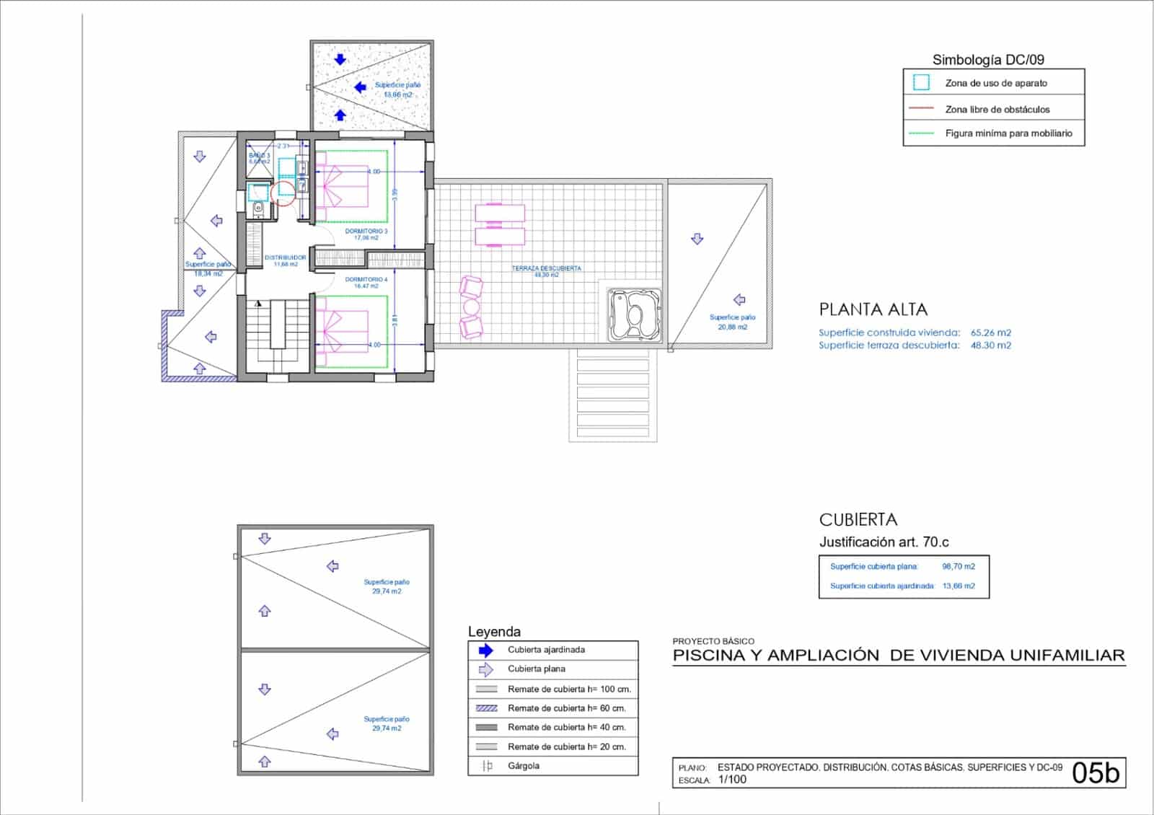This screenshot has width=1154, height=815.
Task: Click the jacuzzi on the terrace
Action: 634,315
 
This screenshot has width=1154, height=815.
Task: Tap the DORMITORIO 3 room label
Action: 366,232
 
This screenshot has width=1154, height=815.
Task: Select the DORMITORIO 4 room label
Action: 366,280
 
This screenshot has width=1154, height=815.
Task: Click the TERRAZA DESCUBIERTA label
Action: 546,268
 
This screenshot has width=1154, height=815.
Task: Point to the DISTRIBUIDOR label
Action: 285,257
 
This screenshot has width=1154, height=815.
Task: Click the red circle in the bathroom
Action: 284,193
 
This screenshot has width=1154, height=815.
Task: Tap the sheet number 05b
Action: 1095,772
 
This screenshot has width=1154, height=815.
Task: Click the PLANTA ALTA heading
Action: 873,309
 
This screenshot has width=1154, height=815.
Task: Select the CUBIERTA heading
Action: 858,519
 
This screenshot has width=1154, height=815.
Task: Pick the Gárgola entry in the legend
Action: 523,766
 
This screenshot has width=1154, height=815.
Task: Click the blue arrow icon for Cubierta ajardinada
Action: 486,650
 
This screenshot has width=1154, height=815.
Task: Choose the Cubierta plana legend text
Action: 536,669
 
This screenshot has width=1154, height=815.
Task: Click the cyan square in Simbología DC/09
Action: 921,82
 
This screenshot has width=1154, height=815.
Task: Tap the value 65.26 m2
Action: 990,332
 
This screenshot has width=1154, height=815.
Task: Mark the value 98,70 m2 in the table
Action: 958,566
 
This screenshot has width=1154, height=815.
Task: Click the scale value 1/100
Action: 732,780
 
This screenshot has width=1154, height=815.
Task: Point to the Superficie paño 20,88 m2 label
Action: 732,322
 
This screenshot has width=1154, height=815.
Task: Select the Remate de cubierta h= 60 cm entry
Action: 566,708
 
